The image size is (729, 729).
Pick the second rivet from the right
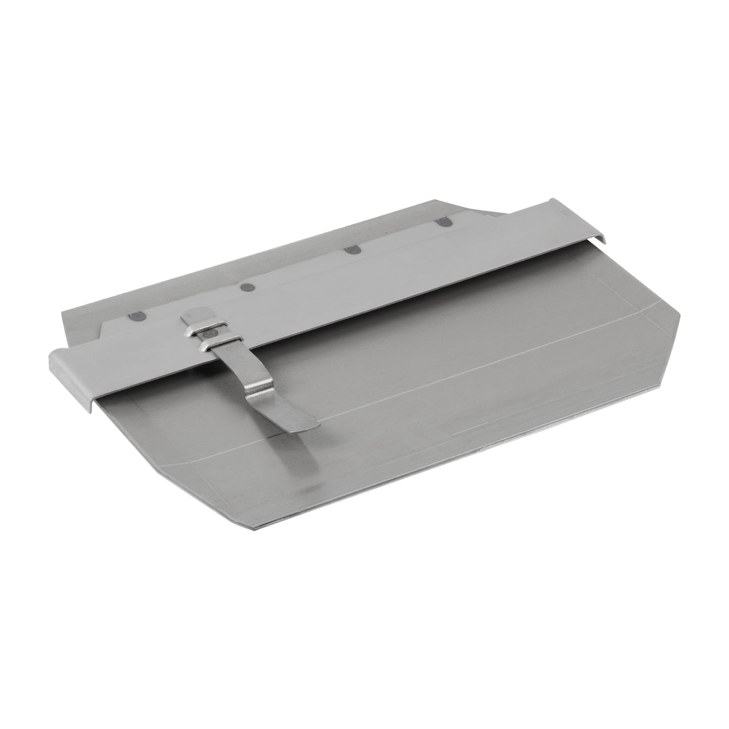[x=348, y=250]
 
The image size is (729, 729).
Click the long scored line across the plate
[x=456, y=372]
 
